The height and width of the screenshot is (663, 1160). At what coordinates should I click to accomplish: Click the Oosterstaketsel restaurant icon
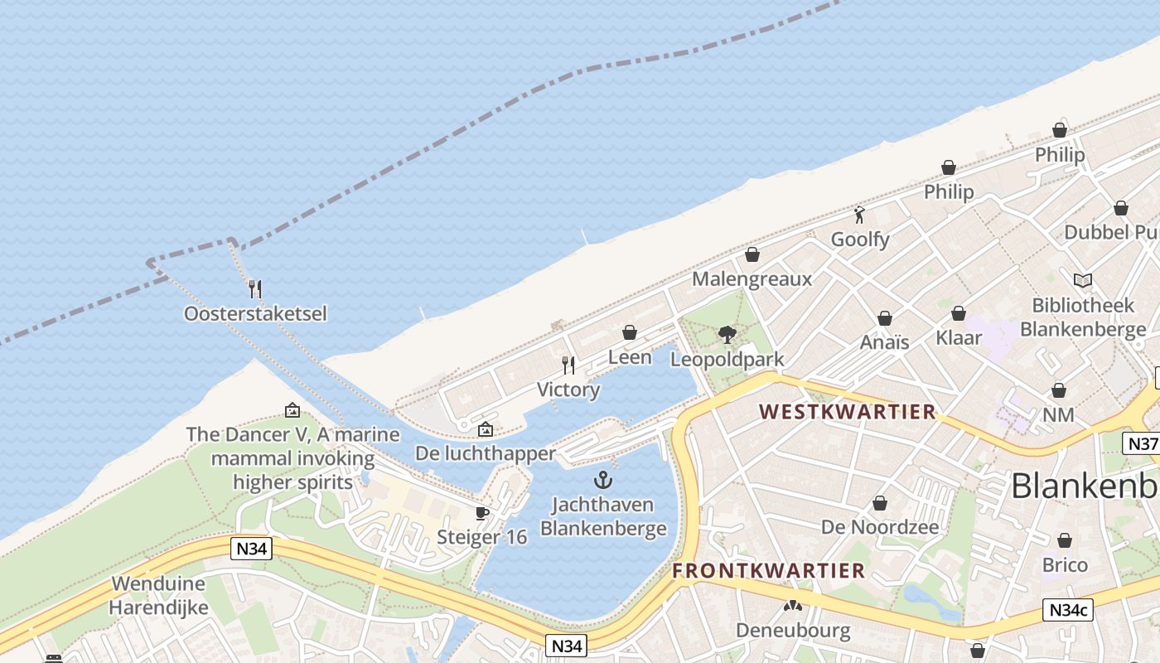255,288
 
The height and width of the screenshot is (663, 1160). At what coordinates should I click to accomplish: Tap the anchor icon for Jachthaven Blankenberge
603,479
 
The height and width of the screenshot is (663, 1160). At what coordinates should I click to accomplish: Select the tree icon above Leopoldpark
727,335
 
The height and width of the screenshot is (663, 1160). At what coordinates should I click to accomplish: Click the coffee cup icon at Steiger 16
482,514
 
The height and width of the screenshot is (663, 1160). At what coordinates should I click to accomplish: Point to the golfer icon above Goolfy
859,215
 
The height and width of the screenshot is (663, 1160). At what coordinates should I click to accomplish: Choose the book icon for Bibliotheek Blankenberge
1082,280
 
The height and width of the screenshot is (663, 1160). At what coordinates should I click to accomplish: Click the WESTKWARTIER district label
848,412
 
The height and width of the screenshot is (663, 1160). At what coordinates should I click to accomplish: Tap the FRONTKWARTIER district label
768,571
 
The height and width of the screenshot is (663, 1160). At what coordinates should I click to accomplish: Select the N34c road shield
1068,611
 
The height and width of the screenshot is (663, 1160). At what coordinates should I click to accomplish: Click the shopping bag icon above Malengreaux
752,254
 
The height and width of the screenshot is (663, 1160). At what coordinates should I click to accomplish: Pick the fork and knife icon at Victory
568,365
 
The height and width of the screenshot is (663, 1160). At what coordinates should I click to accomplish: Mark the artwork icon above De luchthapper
486,429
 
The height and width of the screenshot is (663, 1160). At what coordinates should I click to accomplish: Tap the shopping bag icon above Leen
630,332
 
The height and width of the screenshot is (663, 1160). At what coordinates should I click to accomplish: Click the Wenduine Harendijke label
158,595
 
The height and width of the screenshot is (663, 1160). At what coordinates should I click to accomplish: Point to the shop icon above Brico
1065,540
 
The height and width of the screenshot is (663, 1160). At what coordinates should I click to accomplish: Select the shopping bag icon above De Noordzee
880,503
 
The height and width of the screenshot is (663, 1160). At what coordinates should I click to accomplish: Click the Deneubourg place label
793,631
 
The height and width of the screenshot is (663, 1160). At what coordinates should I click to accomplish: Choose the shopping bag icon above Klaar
959,313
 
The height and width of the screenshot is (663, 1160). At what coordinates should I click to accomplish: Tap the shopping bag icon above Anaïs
885,318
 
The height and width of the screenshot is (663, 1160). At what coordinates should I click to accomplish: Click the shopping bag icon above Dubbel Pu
1121,208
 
